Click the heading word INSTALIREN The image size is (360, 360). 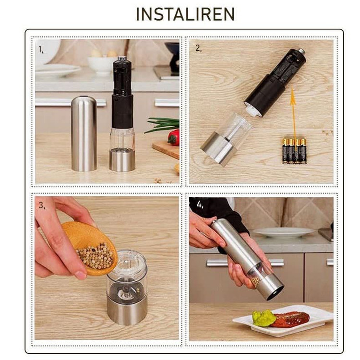(x=185, y=14)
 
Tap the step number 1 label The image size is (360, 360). (x=41, y=49)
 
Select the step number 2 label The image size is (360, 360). (x=199, y=48)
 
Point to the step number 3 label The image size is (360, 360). (x=42, y=205)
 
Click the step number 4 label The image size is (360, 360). (x=200, y=204)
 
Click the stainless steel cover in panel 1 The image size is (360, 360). (x=84, y=133)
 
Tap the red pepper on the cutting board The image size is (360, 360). (x=174, y=137)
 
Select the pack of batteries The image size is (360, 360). (x=294, y=151)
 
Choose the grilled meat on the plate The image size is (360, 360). (x=290, y=319)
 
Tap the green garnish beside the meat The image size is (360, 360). (x=264, y=318)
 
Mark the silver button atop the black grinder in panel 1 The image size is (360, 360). (x=122, y=59)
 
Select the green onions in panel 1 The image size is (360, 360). (x=162, y=124)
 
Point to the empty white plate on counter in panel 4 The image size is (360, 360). (x=284, y=233)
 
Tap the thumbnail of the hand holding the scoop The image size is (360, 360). (x=81, y=275)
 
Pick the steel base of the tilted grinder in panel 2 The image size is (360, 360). (x=218, y=148)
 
